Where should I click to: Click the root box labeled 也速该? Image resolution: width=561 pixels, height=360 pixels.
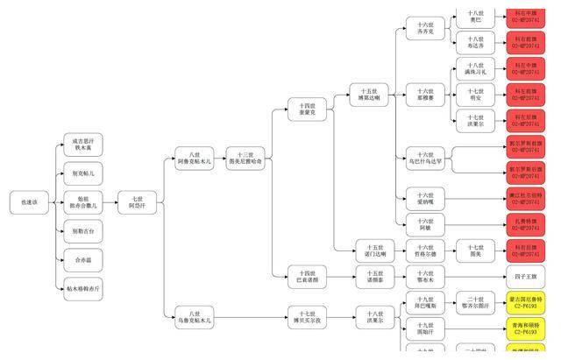point(30,202)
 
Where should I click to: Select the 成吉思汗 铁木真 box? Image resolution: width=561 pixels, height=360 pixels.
point(84,145)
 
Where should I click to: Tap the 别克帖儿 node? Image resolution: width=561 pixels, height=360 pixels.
point(84,174)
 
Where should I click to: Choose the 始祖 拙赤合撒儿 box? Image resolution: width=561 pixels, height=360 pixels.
point(84,202)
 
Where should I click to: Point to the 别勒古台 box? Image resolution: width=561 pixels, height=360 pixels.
point(84,231)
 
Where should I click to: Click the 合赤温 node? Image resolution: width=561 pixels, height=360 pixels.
point(84,259)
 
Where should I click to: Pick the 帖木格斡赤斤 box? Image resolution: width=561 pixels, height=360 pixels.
point(84,288)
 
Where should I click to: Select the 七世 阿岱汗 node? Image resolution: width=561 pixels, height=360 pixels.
point(138,202)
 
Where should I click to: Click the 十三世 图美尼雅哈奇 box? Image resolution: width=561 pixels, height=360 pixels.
point(245,159)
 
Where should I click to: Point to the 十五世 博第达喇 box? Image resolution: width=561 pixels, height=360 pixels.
point(369,95)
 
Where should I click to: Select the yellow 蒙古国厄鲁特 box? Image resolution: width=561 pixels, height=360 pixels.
point(525,303)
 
